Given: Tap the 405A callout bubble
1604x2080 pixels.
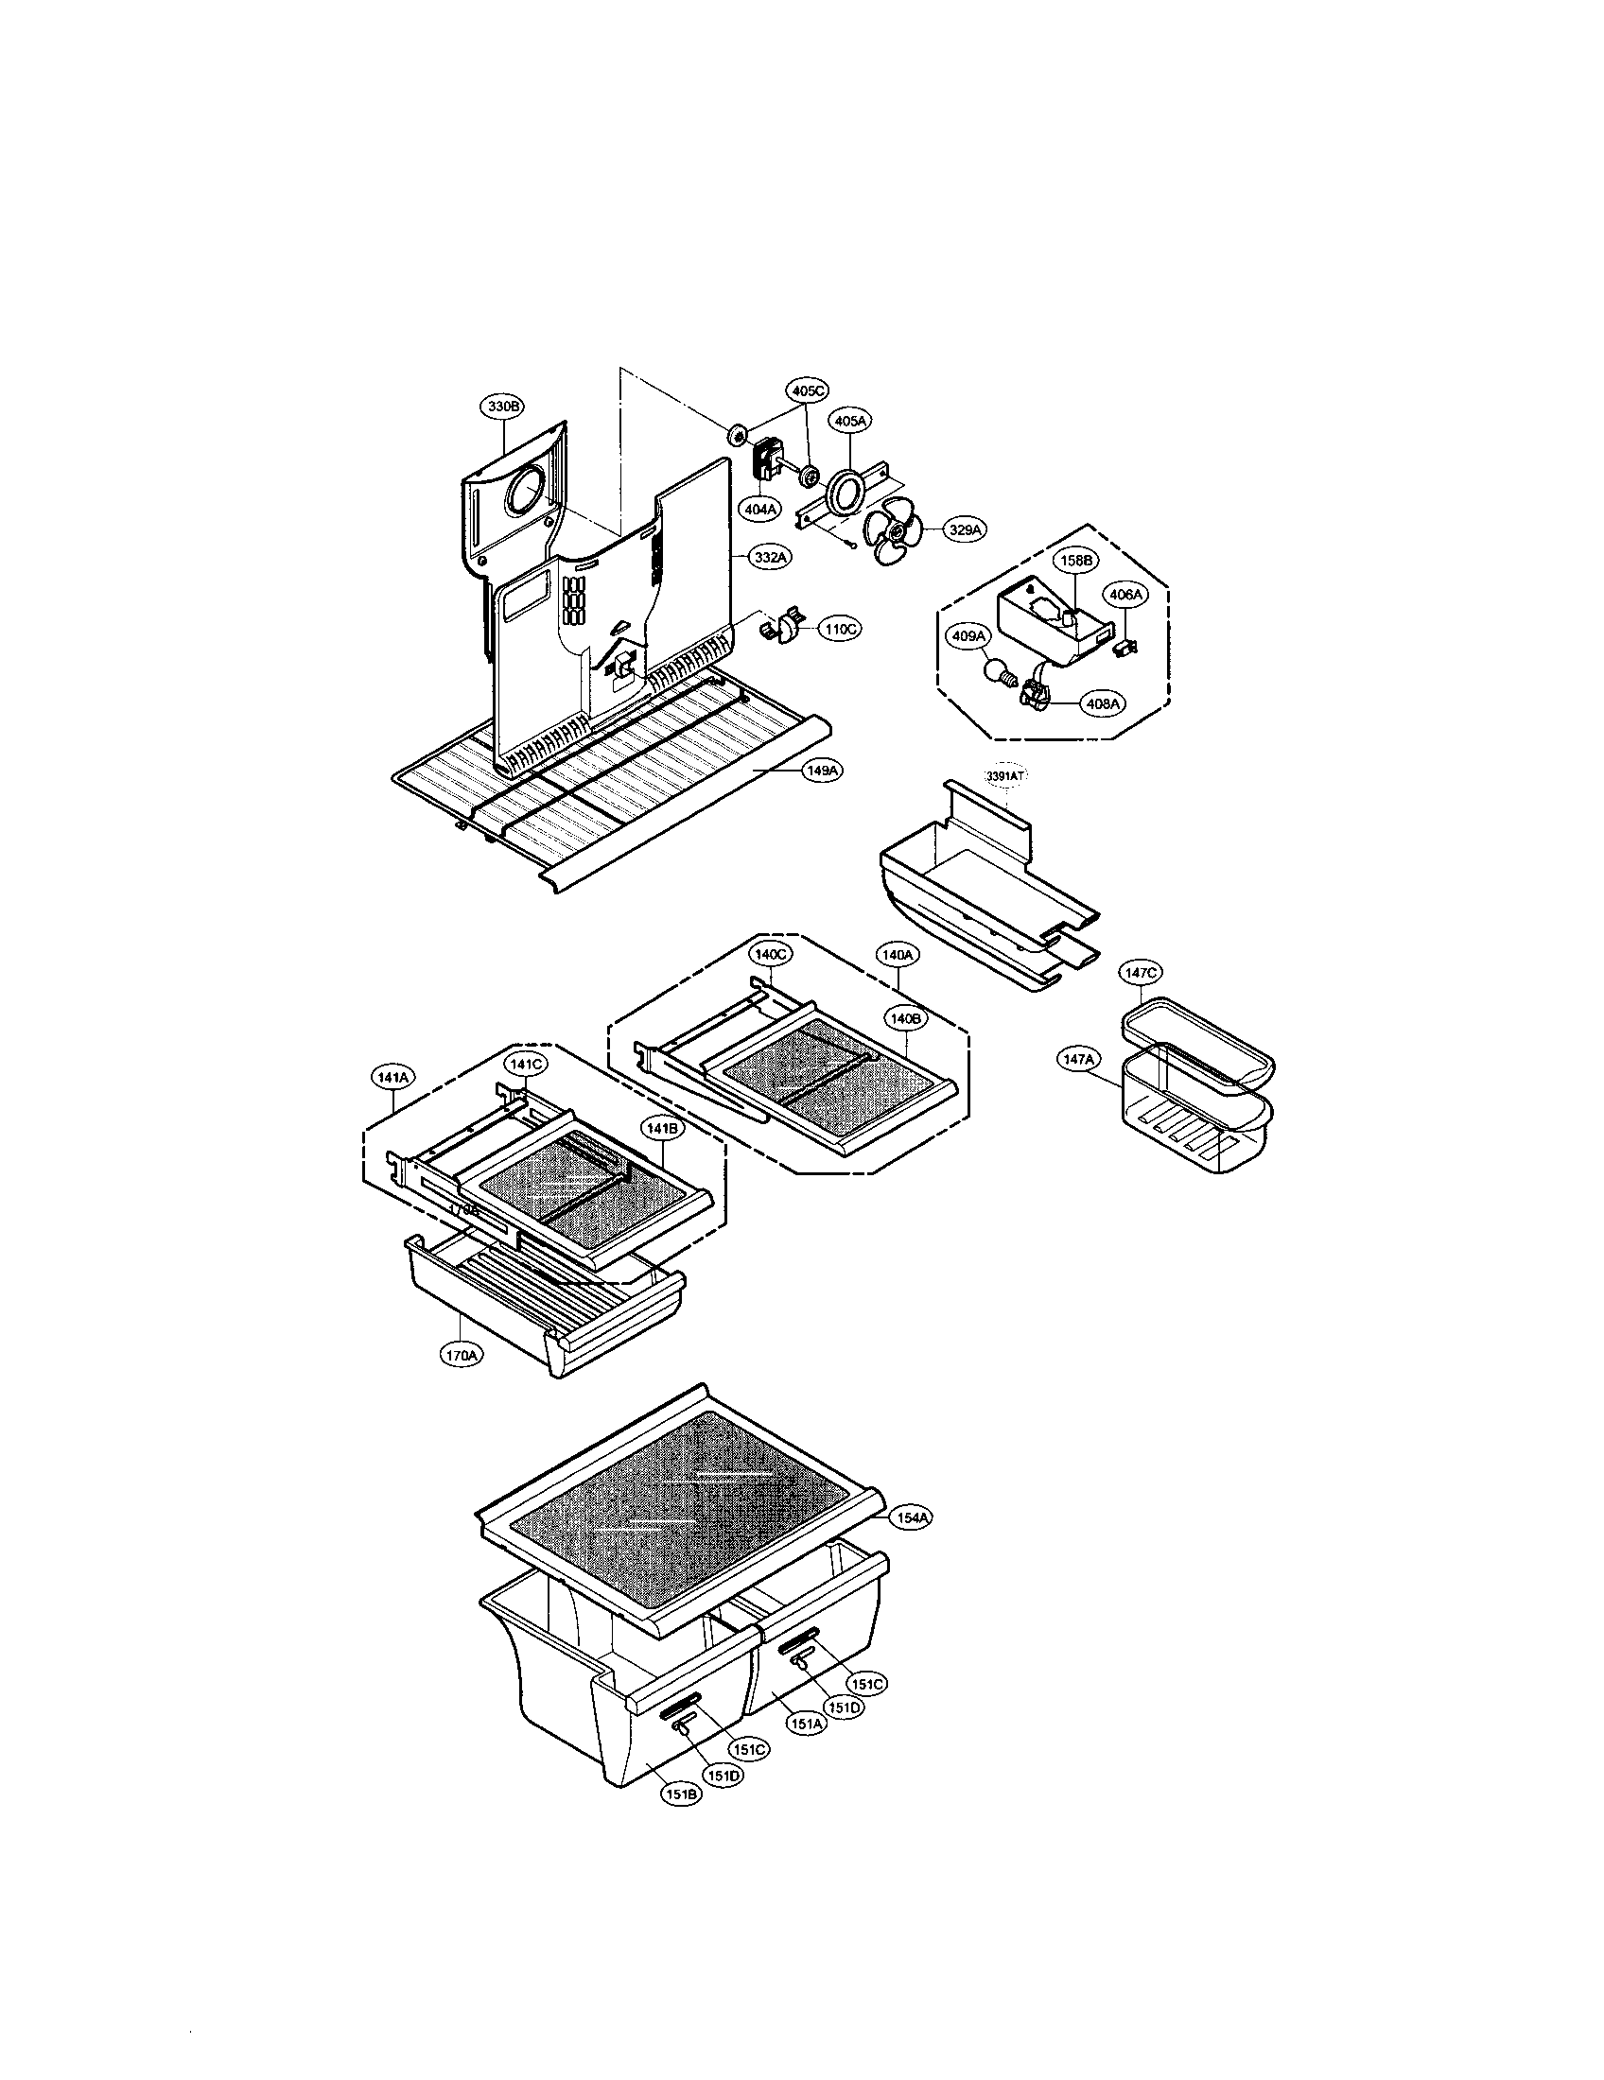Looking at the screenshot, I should coord(850,420).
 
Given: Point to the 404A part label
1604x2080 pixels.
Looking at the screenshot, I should coord(759,510).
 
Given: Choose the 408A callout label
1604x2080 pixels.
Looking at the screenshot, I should coord(1102,702).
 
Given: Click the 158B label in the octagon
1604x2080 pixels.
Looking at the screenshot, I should coord(1073,561).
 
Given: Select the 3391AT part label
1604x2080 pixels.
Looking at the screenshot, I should coord(1006,777).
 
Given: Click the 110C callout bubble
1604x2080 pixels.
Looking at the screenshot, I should coord(839,629).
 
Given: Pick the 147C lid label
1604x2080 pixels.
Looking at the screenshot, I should coord(1141,973).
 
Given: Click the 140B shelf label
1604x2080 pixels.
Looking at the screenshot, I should coord(903,1018).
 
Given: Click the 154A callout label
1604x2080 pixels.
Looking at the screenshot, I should coord(911,1519).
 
